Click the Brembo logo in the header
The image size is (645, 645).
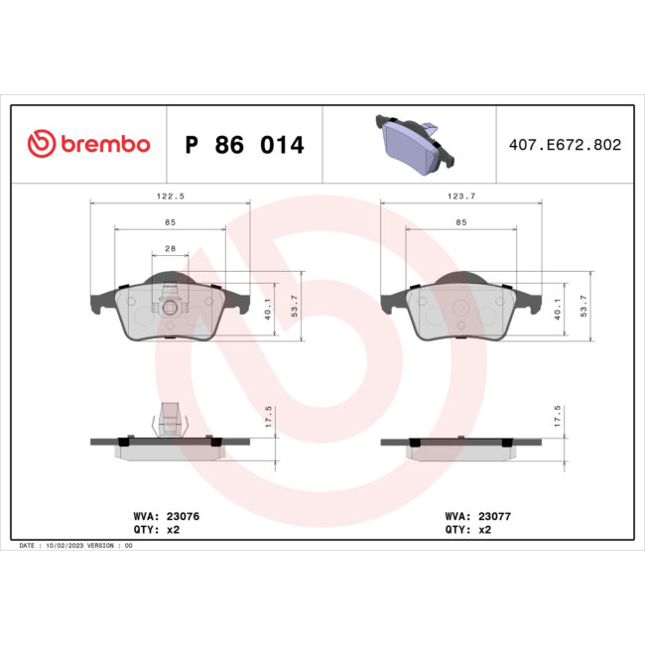click(x=88, y=144)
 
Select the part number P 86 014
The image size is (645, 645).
click(x=245, y=145)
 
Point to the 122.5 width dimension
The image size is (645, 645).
click(x=169, y=196)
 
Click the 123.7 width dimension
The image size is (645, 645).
click(x=460, y=196)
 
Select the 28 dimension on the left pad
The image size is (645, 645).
click(x=170, y=250)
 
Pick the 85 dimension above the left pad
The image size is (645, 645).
click(x=170, y=222)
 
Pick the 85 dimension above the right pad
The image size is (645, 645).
click(x=460, y=222)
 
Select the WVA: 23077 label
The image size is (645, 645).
click(x=478, y=516)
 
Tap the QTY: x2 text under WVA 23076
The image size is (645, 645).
click(x=156, y=530)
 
